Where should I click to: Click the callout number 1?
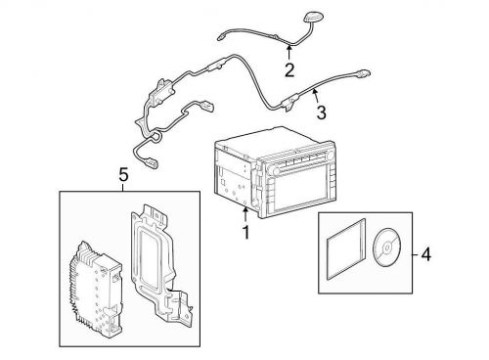[x=245, y=233]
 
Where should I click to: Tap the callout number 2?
[x=289, y=69]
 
